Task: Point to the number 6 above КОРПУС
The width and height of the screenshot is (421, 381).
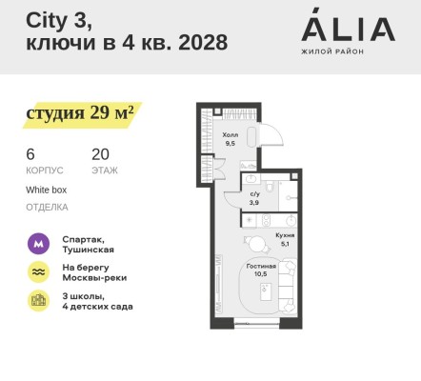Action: click(30, 153)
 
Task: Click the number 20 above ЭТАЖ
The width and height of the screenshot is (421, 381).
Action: click(100, 153)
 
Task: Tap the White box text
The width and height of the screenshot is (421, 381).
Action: click(46, 190)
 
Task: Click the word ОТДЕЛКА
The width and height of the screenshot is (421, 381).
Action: click(47, 206)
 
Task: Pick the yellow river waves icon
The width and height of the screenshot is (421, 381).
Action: click(36, 271)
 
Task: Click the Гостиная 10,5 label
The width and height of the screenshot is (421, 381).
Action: click(260, 271)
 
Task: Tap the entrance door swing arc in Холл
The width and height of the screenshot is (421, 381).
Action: click(273, 132)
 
